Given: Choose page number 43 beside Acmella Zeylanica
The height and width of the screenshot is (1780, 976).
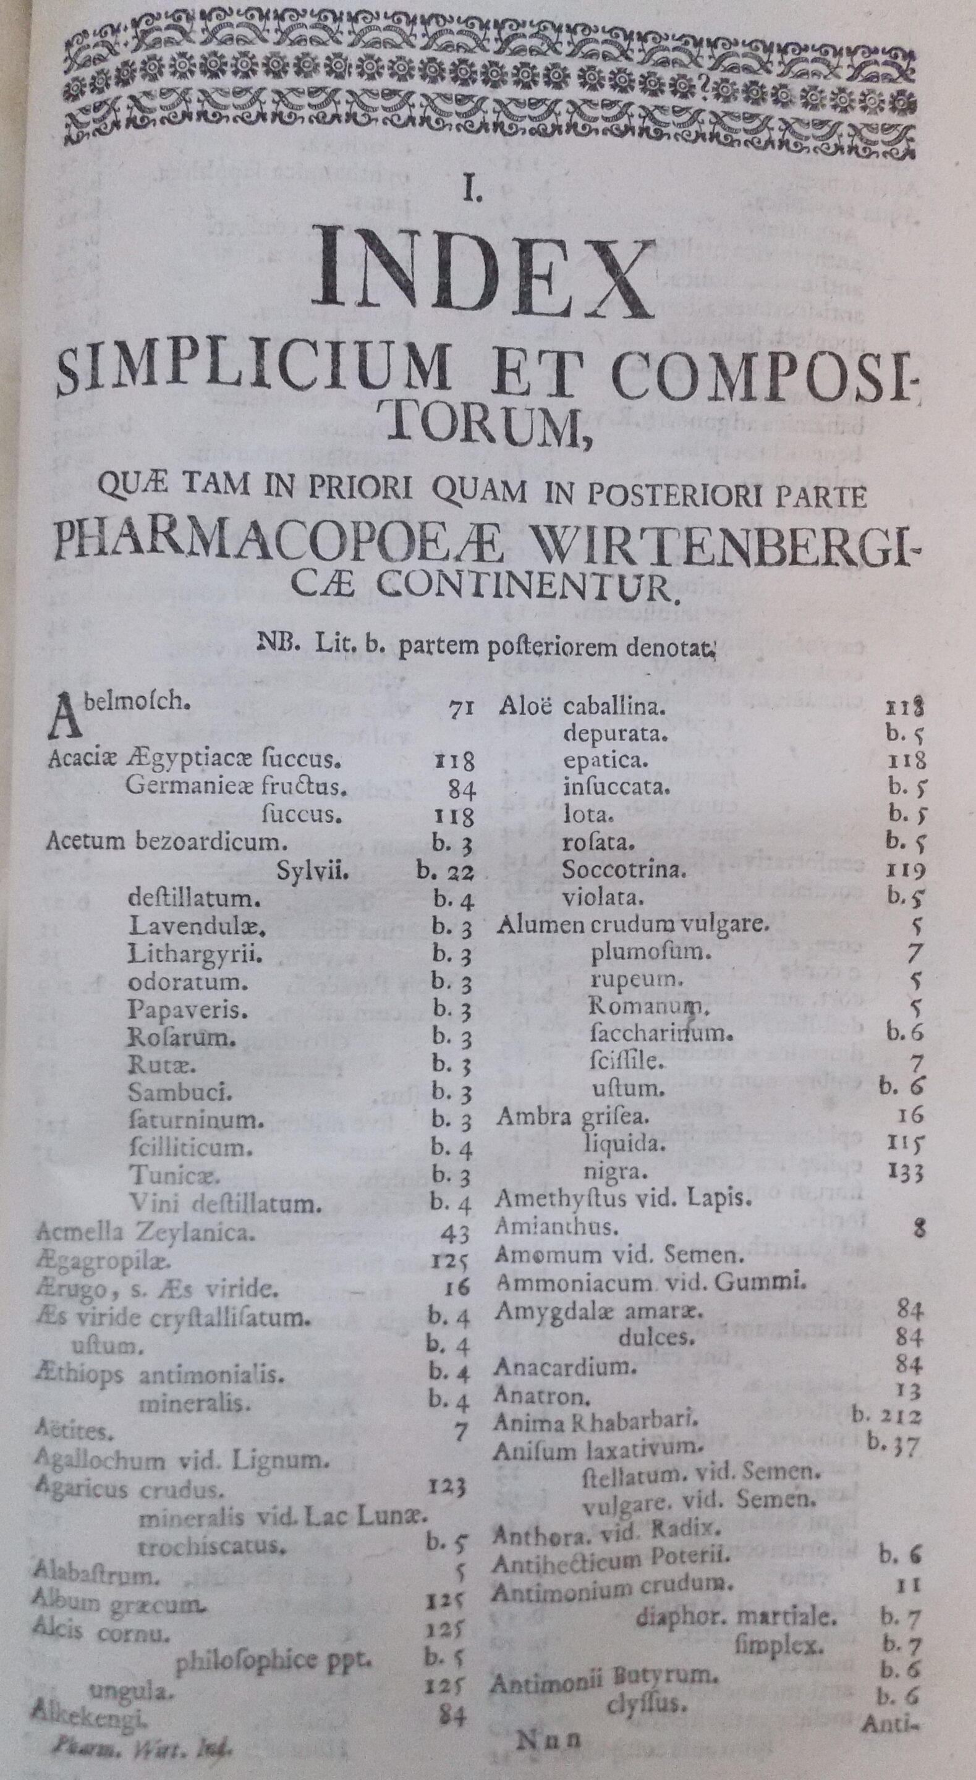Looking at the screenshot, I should point(454,1234).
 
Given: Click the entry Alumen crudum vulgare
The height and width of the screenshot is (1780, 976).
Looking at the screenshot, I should point(632,924).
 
